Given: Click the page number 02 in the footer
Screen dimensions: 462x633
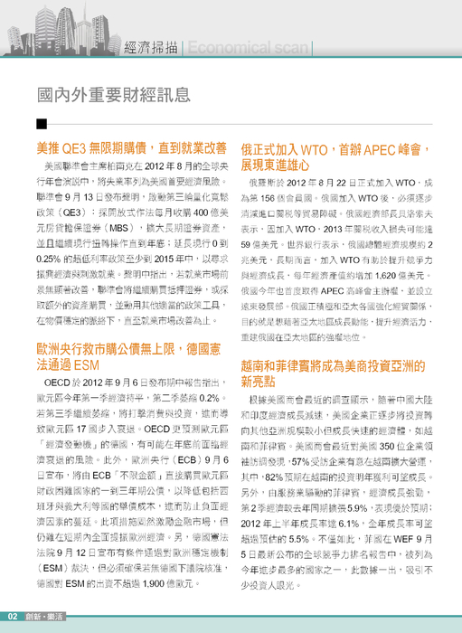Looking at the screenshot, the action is pyautogui.click(x=14, y=618).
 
